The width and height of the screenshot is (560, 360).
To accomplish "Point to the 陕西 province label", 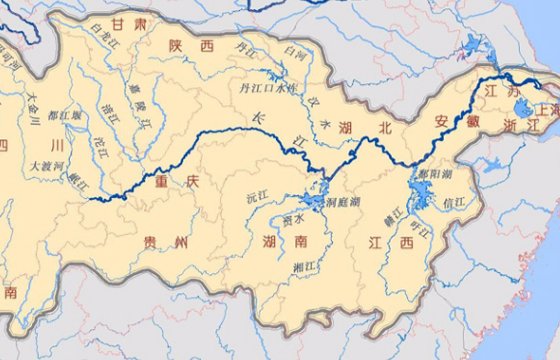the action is [x=194, y=46].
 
